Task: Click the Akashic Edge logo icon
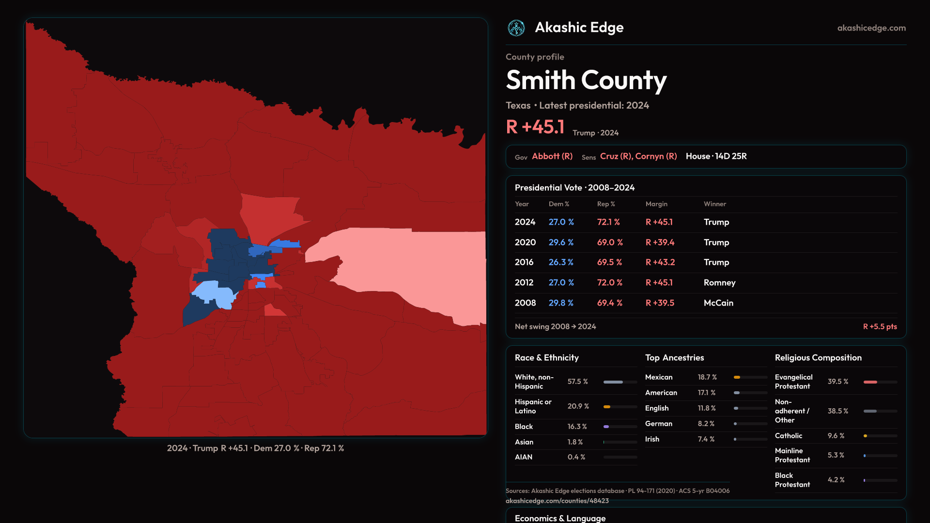tap(516, 28)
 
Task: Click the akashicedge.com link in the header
tap(871, 28)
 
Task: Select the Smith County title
tap(586, 80)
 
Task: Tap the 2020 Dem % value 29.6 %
tap(561, 242)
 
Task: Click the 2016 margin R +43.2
tap(660, 262)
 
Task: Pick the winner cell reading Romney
tap(719, 282)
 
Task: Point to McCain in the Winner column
tap(718, 303)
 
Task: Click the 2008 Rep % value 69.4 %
tap(609, 303)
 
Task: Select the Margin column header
tap(656, 204)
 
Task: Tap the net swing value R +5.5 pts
tap(880, 326)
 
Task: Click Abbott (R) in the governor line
tap(552, 156)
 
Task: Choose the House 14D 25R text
tap(716, 156)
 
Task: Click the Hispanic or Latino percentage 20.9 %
tap(578, 406)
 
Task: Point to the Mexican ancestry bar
tap(750, 377)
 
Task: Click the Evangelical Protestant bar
tap(880, 382)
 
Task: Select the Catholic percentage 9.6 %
tap(836, 436)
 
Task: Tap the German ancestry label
tap(658, 424)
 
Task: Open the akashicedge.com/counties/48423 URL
tap(557, 501)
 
